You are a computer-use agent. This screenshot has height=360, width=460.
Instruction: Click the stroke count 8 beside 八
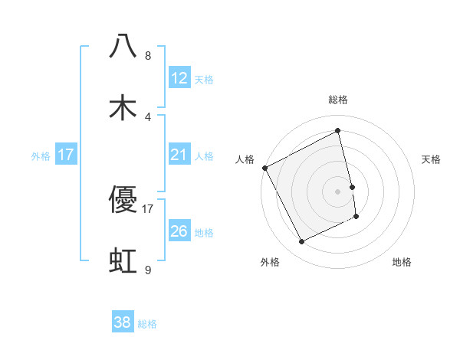click(148, 56)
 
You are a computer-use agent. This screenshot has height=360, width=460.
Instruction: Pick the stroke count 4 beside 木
click(148, 117)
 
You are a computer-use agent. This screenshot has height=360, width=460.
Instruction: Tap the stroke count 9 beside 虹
click(148, 270)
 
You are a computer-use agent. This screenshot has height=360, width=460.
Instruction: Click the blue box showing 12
click(179, 77)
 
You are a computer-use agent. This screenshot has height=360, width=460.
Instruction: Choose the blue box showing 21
click(179, 155)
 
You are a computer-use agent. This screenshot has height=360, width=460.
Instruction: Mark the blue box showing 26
click(179, 231)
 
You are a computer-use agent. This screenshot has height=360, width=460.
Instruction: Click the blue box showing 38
click(123, 322)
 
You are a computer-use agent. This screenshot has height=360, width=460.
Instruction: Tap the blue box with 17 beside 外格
click(66, 155)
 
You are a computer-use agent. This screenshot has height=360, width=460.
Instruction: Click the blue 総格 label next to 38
click(147, 324)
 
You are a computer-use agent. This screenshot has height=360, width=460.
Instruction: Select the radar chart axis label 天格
click(432, 159)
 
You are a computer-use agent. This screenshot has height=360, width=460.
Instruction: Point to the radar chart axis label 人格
click(245, 159)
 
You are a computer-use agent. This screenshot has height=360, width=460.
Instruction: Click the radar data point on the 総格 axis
click(338, 131)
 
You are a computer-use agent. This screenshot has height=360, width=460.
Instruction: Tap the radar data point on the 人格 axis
click(264, 168)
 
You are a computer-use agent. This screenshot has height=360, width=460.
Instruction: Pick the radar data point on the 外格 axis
click(301, 242)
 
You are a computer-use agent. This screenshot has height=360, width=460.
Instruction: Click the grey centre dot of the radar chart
click(338, 191)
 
